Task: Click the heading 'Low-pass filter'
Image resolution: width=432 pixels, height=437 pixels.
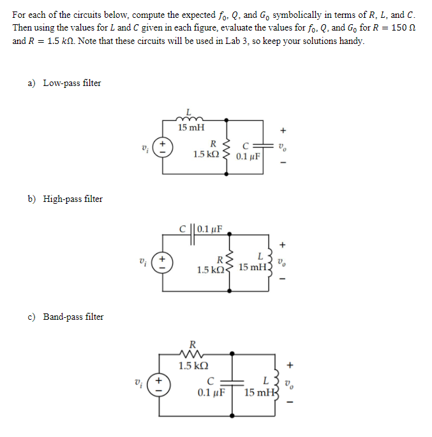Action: pyautogui.click(x=71, y=83)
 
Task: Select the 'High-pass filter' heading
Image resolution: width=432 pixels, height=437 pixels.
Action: pyautogui.click(x=73, y=199)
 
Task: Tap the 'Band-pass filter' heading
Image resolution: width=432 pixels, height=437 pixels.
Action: pyautogui.click(x=73, y=317)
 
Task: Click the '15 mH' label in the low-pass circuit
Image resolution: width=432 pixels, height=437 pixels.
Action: pyautogui.click(x=191, y=127)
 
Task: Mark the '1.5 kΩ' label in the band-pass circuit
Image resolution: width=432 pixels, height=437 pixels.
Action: pyautogui.click(x=191, y=366)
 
